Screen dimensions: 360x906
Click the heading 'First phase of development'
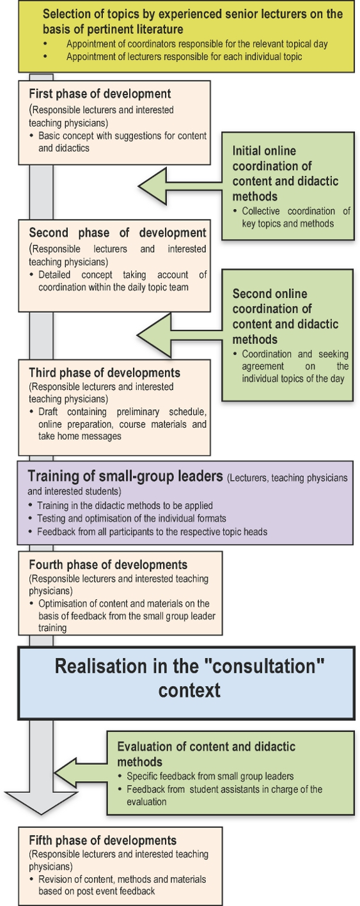click(100, 94)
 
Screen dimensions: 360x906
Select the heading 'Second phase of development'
click(118, 233)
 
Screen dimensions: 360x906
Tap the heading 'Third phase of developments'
click(104, 373)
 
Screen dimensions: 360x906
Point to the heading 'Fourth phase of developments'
click(108, 565)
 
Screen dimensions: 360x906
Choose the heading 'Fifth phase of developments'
click(103, 841)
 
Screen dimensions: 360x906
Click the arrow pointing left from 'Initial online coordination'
click(180, 187)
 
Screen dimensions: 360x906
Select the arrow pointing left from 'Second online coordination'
click(180, 335)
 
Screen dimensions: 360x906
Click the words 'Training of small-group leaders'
click(125, 476)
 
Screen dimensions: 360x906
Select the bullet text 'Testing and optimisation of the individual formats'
click(132, 519)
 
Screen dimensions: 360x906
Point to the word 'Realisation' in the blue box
click(104, 666)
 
